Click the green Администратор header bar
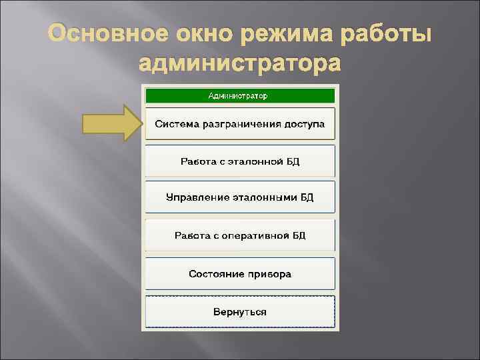coord(239,95)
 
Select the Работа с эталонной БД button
coord(239,161)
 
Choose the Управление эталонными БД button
coord(239,198)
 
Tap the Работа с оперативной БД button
coord(239,235)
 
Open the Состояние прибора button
coord(239,273)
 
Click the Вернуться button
coord(239,311)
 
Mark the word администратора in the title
coord(239,64)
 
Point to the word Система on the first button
coord(175,124)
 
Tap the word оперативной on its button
coord(257,235)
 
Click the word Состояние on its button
coord(214,273)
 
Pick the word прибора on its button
coord(269,273)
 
